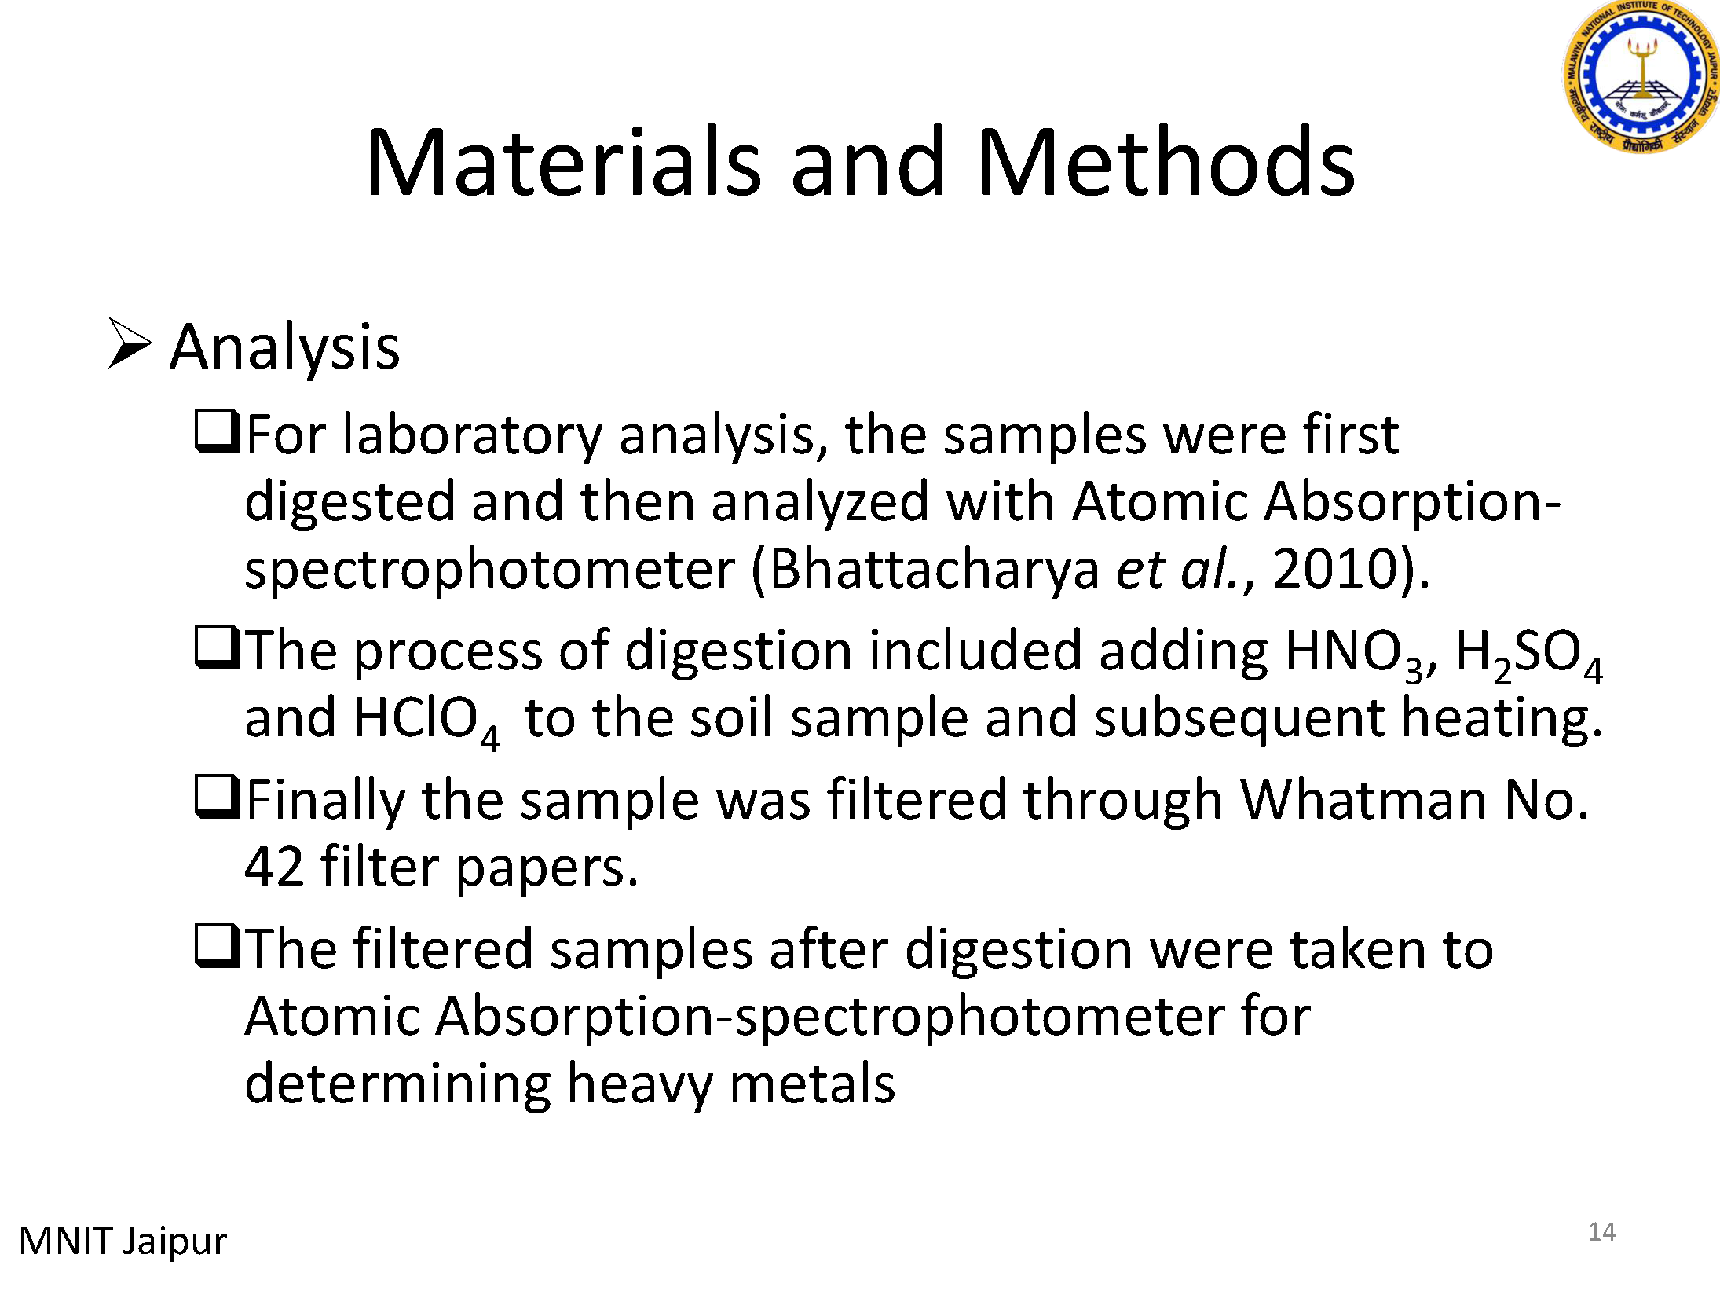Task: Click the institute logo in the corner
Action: [x=1641, y=75]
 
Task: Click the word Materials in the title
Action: [x=563, y=162]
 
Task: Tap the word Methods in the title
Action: [x=1166, y=162]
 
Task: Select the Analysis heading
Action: [x=284, y=347]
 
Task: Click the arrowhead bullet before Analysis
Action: [x=130, y=343]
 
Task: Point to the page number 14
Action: [x=1601, y=1232]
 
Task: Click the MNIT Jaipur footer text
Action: [x=123, y=1241]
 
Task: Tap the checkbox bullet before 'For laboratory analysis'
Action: [x=217, y=431]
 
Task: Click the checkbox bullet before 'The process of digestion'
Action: [x=217, y=647]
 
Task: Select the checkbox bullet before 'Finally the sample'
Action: [x=217, y=797]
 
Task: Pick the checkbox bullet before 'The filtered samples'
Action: [x=217, y=946]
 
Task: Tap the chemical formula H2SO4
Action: [x=1529, y=654]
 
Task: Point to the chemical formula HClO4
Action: [x=426, y=722]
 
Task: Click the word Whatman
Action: [x=1363, y=800]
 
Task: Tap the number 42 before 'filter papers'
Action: [x=274, y=867]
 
